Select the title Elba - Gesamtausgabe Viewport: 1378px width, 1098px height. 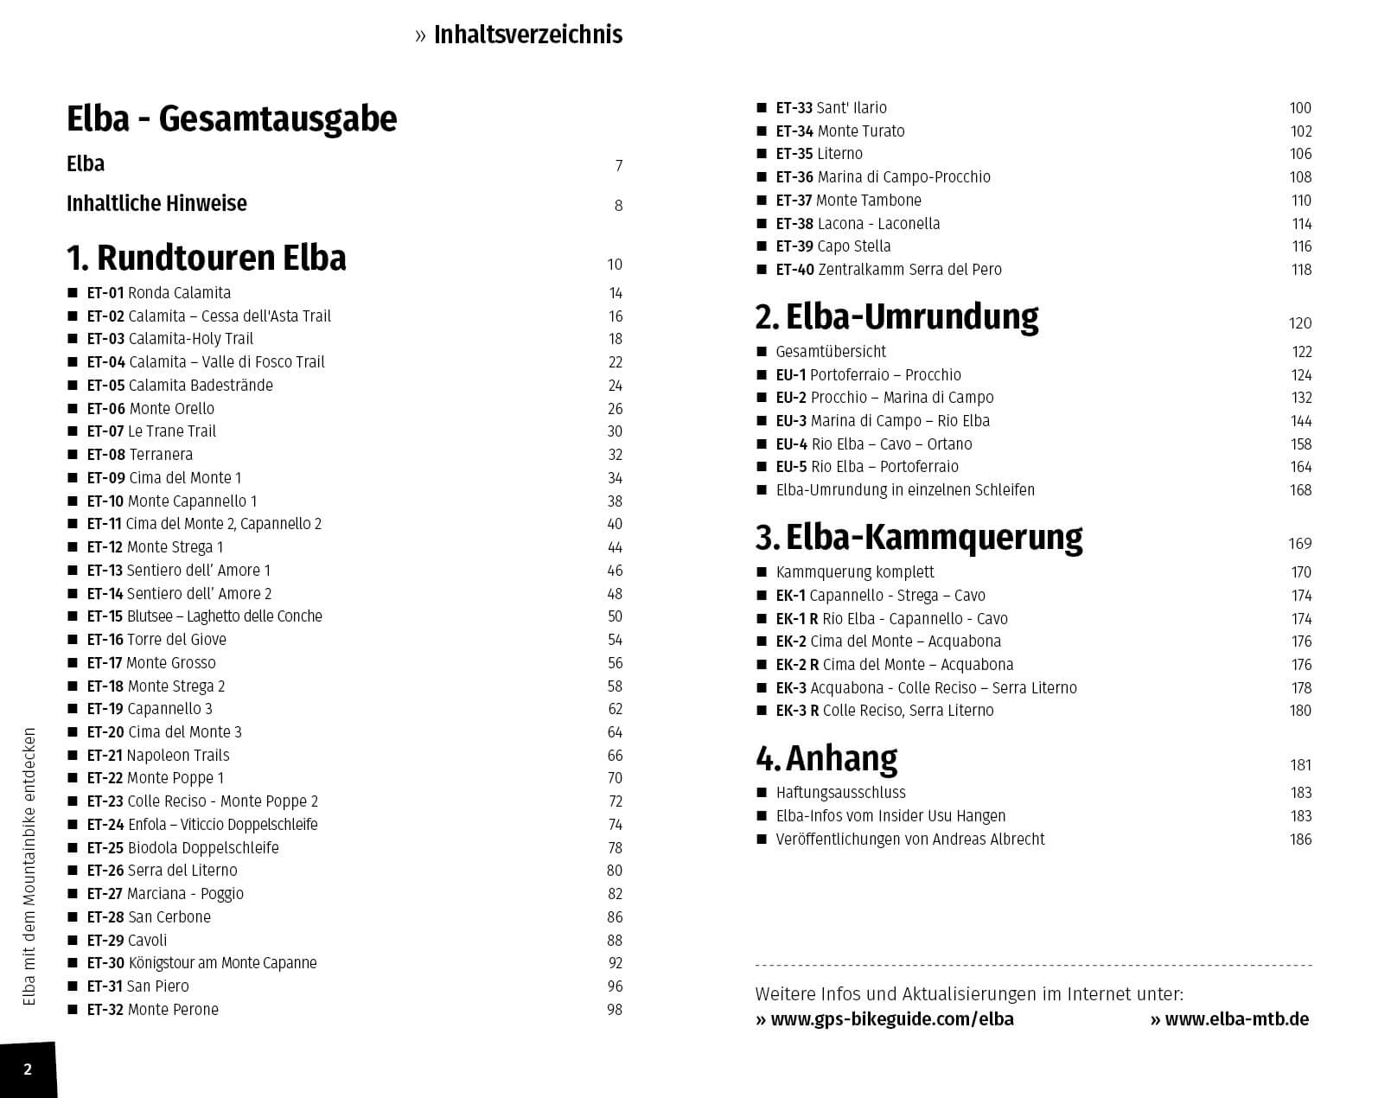pos(232,119)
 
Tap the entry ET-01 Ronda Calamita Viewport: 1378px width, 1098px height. pos(158,293)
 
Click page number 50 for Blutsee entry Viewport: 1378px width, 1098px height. pos(615,616)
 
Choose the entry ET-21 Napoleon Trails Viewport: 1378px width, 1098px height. pos(158,756)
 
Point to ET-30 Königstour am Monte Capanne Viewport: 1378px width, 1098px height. pos(201,963)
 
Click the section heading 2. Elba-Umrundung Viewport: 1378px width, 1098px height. pos(896,317)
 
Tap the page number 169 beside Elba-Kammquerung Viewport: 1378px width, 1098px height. pos(1299,544)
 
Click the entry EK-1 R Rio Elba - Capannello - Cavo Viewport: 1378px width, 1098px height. pos(891,619)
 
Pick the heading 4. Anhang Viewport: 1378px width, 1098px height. pos(826,758)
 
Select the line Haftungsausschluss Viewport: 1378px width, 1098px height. pos(840,793)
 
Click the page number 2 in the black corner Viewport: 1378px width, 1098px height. pos(28,1069)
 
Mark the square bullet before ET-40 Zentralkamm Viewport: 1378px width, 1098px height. pos(762,270)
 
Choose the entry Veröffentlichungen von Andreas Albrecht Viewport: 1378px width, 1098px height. pos(909,839)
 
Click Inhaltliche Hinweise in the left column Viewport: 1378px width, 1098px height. pos(156,204)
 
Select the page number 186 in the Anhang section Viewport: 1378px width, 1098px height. pos(1300,839)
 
